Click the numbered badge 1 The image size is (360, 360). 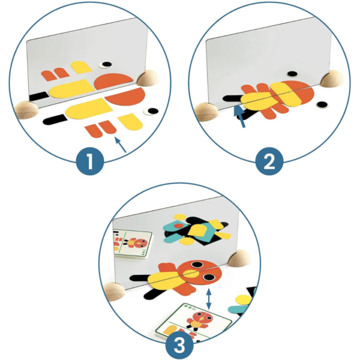(90, 161)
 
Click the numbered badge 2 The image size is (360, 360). (269, 161)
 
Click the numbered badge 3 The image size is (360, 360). (179, 345)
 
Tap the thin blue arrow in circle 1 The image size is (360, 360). (121, 145)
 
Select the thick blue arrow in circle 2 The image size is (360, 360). (239, 115)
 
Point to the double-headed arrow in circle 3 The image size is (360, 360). (209, 299)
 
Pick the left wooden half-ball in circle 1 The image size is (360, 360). (26, 110)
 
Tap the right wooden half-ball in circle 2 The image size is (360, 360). (332, 79)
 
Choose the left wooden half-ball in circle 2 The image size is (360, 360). (206, 112)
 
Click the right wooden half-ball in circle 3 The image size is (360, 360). (239, 259)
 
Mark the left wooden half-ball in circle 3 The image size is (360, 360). (114, 292)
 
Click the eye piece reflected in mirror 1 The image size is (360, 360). (106, 65)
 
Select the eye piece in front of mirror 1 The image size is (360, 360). (151, 112)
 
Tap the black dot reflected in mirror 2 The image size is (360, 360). (292, 74)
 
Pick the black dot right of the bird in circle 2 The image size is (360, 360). (322, 104)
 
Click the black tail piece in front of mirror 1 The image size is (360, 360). (55, 119)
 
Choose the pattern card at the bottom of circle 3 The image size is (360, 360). (194, 322)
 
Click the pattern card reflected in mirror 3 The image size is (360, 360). (133, 244)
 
